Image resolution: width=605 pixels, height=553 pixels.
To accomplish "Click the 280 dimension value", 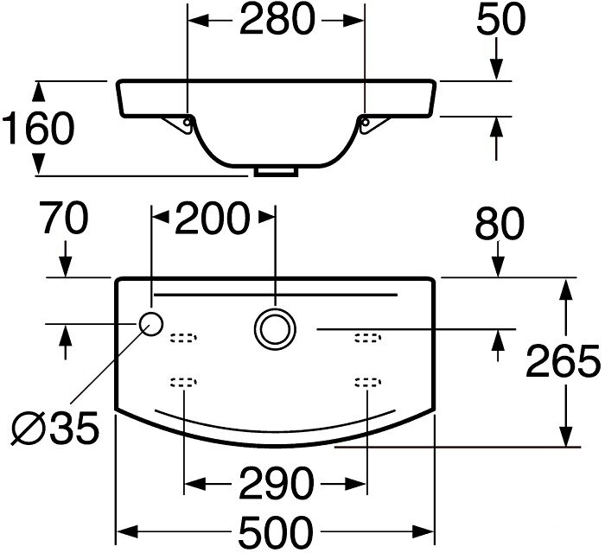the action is click(277, 19).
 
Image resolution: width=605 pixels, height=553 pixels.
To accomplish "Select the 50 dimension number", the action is click(500, 19).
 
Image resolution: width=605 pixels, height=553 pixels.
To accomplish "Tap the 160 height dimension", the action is click(38, 129).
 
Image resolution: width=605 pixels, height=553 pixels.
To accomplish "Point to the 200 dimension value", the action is click(211, 219).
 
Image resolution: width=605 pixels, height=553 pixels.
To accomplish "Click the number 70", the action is click(66, 219).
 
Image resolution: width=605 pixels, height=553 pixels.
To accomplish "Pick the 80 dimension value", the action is click(500, 224).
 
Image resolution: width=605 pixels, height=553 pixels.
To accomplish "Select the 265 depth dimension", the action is click(563, 361).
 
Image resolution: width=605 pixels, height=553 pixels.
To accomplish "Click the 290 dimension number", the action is click(276, 483).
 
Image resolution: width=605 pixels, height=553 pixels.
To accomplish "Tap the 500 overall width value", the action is click(276, 532).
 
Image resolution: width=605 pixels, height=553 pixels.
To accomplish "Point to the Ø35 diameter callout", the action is click(54, 428).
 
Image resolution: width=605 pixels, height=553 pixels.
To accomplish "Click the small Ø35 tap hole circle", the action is click(151, 324).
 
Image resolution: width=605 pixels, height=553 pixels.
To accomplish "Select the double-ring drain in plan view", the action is click(275, 329).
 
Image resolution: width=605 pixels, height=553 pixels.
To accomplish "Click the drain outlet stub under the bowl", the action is click(277, 172).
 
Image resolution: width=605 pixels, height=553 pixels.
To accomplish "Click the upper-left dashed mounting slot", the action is click(183, 338).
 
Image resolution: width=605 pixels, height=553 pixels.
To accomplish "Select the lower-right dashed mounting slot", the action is click(368, 382).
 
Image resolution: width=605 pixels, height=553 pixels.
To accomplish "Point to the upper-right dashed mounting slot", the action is click(368, 338).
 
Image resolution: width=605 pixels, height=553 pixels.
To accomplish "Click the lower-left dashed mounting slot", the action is click(183, 382).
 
